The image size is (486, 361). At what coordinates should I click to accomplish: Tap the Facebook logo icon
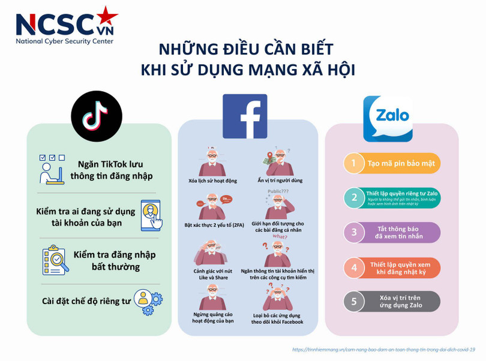tap(245, 116)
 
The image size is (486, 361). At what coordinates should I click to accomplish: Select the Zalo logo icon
tap(388, 119)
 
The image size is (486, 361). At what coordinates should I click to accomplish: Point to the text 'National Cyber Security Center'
tap(64, 41)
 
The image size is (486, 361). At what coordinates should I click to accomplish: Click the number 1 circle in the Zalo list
tap(354, 163)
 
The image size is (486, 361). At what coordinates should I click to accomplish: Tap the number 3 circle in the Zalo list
tap(354, 232)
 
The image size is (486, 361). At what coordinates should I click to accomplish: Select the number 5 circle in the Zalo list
tap(354, 301)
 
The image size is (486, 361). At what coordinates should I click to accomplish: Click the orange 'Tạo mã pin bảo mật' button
tap(400, 163)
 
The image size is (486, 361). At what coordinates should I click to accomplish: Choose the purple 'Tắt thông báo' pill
tap(400, 232)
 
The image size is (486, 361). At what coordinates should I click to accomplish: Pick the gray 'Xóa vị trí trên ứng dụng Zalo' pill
tap(400, 301)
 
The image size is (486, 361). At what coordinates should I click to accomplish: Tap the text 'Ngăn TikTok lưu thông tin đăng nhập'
tap(110, 170)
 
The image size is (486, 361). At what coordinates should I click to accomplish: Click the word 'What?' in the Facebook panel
tap(280, 237)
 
